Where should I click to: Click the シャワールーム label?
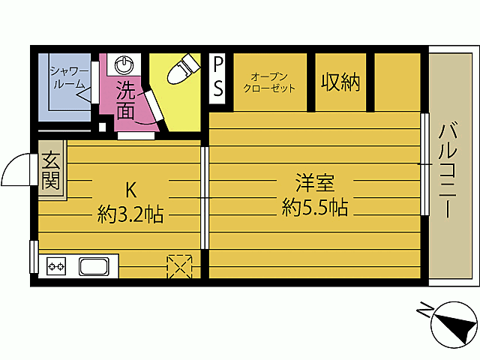(69, 78)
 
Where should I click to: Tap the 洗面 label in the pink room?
(126, 102)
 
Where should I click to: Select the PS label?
(218, 77)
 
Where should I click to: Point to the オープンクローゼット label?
(269, 82)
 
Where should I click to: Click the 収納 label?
(340, 82)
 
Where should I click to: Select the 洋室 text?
(314, 182)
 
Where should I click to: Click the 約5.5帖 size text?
(314, 207)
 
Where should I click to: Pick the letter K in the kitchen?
(130, 190)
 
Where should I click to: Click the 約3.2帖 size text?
(130, 215)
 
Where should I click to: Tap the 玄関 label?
(51, 170)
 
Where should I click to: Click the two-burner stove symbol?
(57, 265)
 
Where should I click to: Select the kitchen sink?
(94, 265)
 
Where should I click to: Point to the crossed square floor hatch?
(178, 265)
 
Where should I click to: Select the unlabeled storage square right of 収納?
(397, 81)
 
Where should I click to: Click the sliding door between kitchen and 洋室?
(205, 197)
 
